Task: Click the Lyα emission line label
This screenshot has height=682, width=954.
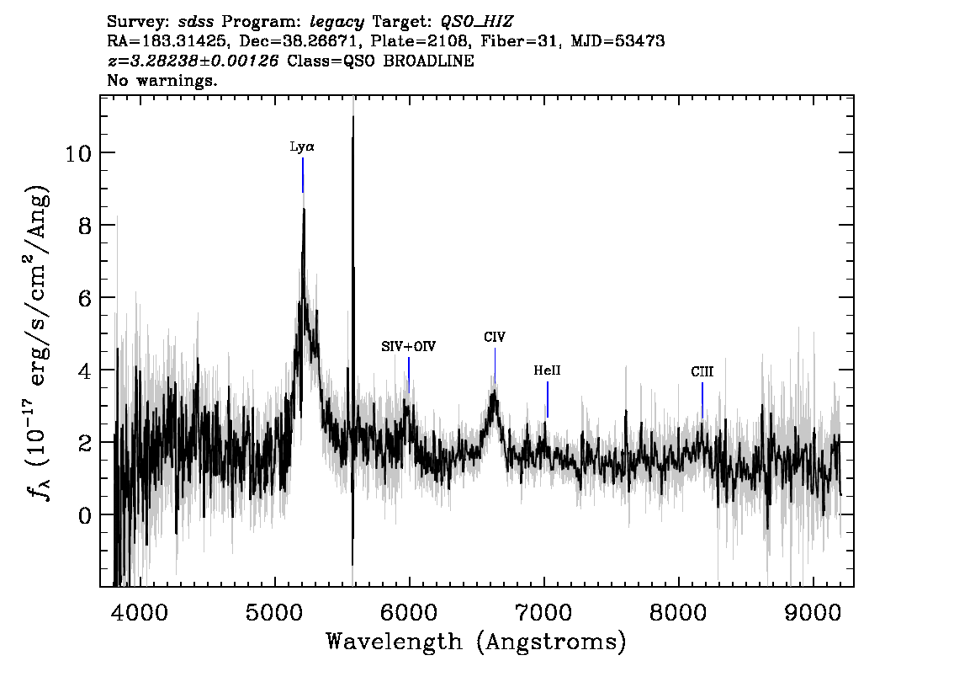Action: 302,147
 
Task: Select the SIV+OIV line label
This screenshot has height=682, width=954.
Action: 408,347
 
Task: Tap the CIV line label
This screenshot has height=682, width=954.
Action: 495,337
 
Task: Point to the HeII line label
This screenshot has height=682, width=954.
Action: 547,370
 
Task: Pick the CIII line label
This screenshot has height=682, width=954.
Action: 702,371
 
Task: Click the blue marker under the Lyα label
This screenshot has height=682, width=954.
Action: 303,175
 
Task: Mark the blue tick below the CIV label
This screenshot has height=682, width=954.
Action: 496,365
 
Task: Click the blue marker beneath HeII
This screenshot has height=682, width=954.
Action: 548,399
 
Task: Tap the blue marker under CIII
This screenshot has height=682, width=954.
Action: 702,401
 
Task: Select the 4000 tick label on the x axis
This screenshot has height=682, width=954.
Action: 141,612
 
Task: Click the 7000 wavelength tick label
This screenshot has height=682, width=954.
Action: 544,612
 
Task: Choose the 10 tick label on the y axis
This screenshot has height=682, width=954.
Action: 78,153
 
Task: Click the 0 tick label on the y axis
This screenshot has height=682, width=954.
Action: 85,515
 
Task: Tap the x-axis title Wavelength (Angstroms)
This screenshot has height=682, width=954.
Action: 476,642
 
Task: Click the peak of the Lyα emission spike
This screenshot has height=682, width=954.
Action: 304,208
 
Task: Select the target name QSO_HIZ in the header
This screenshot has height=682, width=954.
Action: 477,23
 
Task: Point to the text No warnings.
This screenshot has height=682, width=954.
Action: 162,80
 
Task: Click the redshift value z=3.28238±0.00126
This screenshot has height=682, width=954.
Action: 193,61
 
